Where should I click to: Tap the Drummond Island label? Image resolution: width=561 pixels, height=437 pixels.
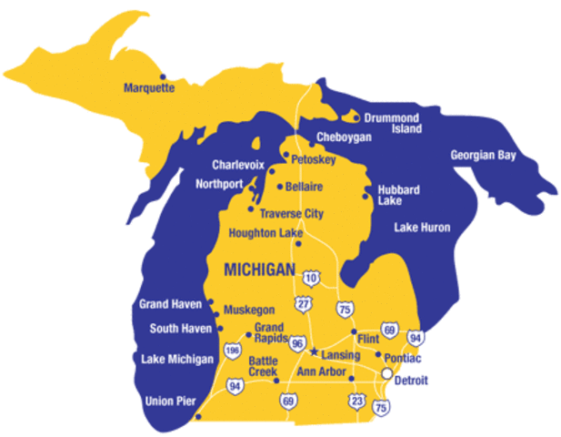click(393, 123)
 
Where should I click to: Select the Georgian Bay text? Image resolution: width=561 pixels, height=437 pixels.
click(483, 155)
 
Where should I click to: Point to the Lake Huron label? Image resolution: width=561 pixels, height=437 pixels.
click(421, 227)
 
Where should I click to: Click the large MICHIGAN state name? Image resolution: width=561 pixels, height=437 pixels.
click(259, 269)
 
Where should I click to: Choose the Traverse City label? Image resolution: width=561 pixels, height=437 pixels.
click(291, 214)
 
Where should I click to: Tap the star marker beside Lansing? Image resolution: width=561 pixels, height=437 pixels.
click(314, 351)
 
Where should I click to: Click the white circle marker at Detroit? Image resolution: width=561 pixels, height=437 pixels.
click(386, 373)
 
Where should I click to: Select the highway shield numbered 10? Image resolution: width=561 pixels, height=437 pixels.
click(311, 277)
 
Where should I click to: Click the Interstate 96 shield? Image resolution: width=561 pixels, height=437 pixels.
click(296, 343)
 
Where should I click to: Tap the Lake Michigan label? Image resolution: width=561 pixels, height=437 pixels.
click(176, 359)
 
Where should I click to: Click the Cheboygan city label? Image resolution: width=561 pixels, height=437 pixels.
click(344, 137)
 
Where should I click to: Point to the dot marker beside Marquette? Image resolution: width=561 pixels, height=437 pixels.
click(163, 76)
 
